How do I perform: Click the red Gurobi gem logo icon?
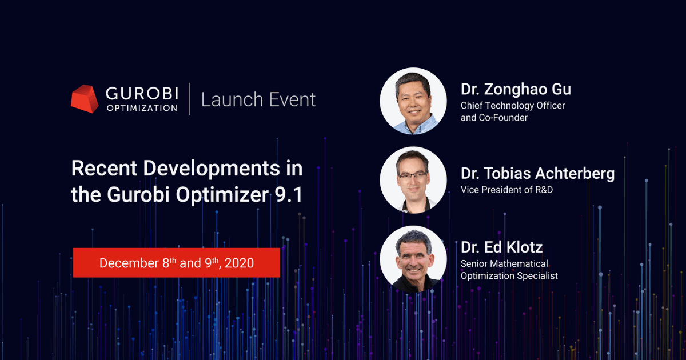coord(85,99)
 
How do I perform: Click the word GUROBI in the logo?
coord(142,93)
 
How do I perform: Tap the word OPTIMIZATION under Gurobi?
coord(142,107)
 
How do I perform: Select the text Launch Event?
coord(258,99)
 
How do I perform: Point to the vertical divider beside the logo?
coord(189,99)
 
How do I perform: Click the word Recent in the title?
coord(103,169)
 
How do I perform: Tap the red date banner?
coord(176,263)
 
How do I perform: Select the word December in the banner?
coord(128,263)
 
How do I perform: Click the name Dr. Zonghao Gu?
coord(516,90)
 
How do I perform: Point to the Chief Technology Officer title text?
coord(513,106)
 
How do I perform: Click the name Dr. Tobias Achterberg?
coord(537,174)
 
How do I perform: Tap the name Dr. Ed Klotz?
coord(501,247)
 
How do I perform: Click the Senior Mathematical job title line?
coord(504,263)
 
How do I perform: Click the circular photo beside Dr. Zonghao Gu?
coord(413,101)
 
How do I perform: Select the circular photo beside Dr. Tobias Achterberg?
coord(413,179)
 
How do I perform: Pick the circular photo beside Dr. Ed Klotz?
coord(413,258)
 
